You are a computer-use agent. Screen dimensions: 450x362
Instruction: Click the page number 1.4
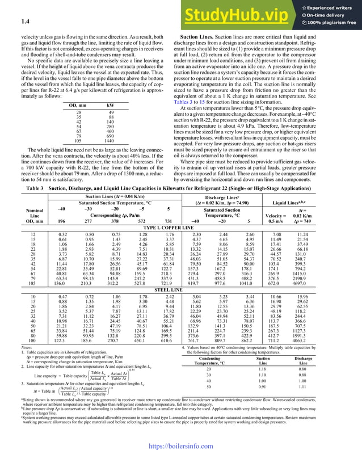coord(26,22)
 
